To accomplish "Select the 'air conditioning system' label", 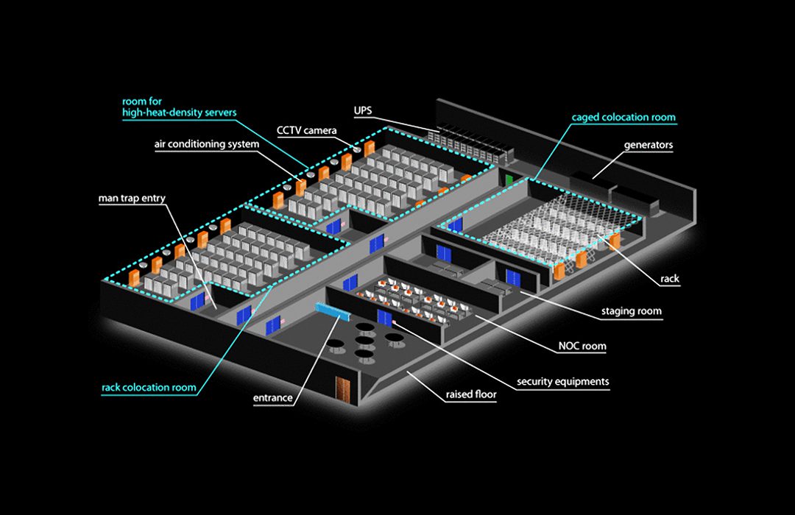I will click(x=206, y=144).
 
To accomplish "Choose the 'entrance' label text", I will click(x=273, y=398).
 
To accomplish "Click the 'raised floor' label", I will click(x=471, y=395).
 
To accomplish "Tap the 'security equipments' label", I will click(x=563, y=382).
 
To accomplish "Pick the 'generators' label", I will click(x=649, y=145).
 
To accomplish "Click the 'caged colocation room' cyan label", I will click(x=623, y=117).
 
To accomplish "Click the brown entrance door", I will click(x=342, y=388).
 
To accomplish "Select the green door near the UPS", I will click(x=509, y=179).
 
